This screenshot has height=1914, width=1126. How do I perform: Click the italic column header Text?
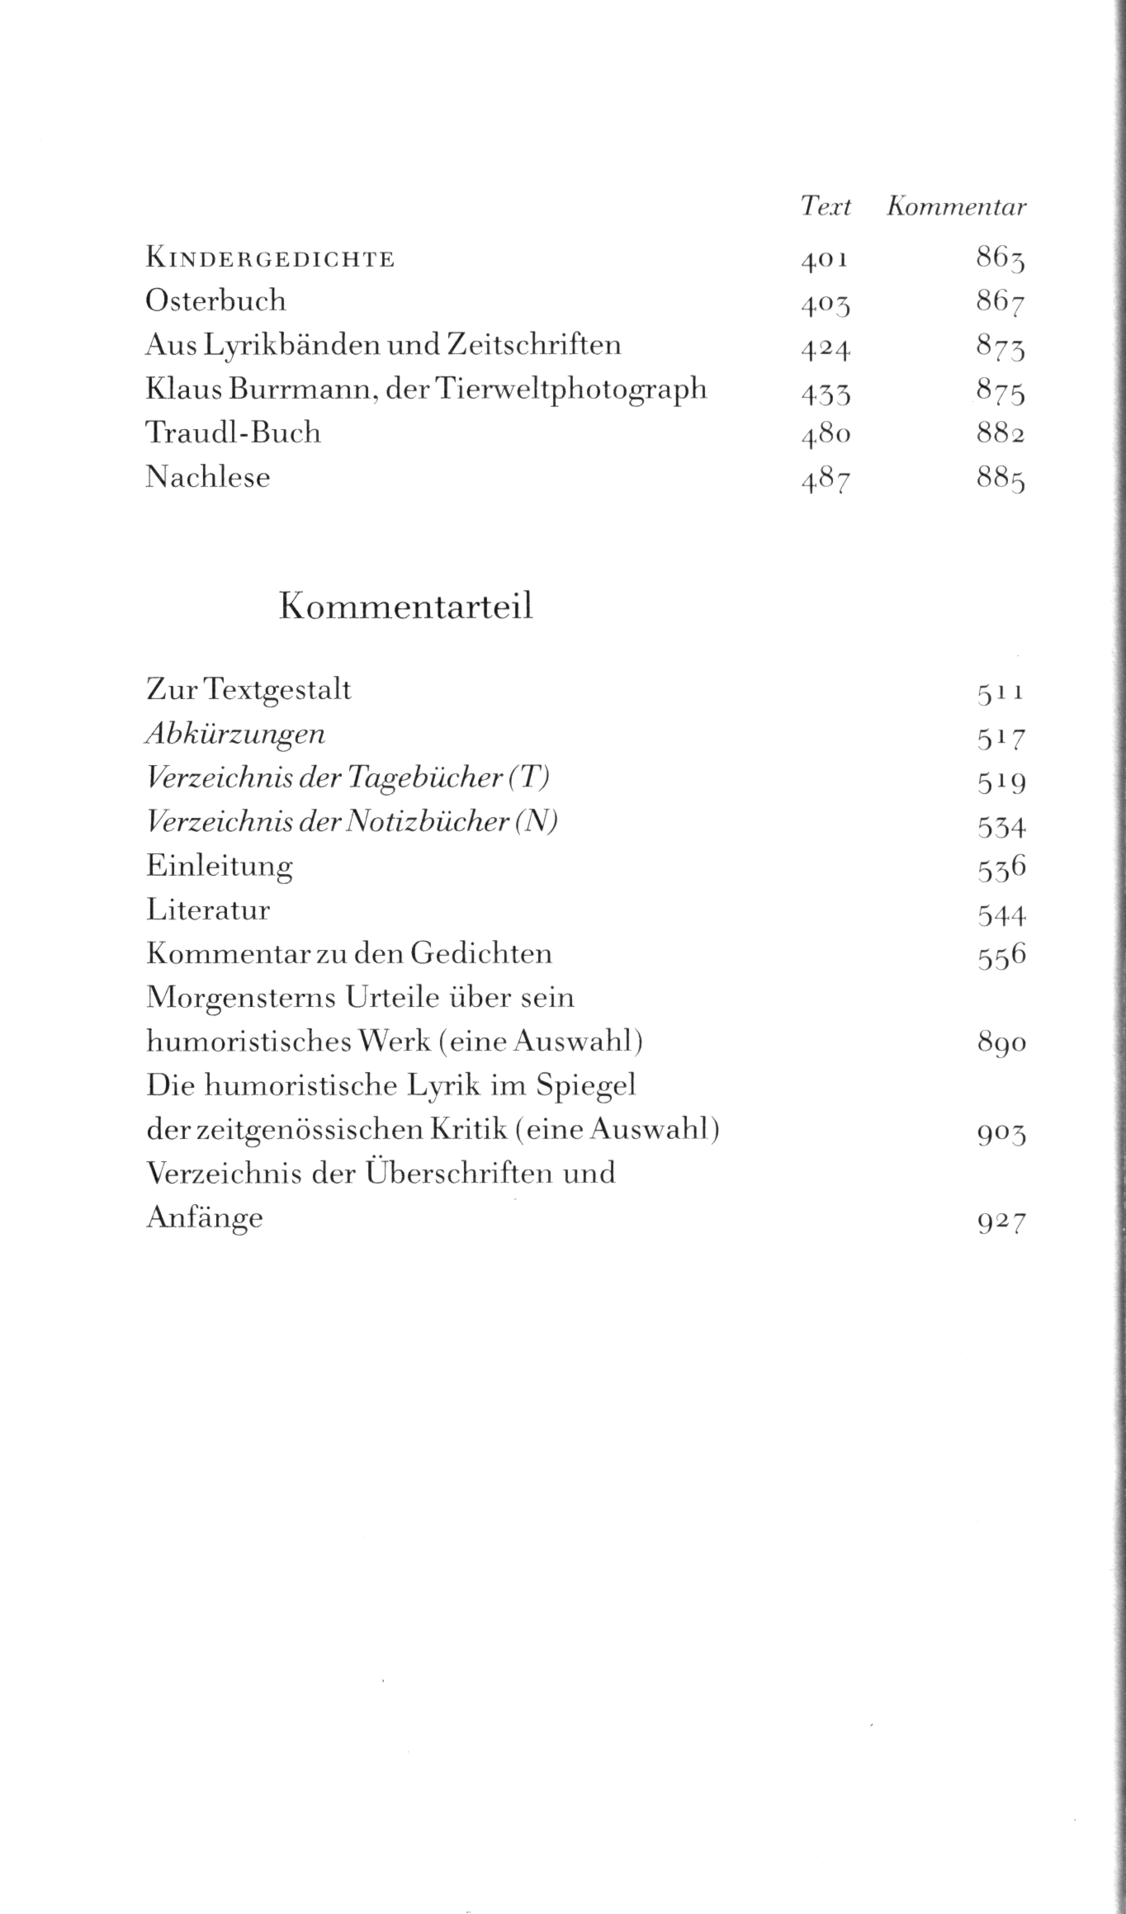point(825,206)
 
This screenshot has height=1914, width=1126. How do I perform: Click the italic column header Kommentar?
point(956,206)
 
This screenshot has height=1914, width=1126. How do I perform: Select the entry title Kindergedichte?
point(270,259)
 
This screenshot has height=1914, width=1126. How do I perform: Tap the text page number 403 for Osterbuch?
point(825,305)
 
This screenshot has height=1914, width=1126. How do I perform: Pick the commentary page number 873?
point(1001,349)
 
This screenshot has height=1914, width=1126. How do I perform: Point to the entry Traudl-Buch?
point(233,432)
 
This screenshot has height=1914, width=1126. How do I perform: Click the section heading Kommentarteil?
point(406,607)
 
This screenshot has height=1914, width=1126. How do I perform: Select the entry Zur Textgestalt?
point(248,689)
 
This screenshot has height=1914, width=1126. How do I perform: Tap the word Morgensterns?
point(237,999)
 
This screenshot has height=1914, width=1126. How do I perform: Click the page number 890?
point(1001,1044)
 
